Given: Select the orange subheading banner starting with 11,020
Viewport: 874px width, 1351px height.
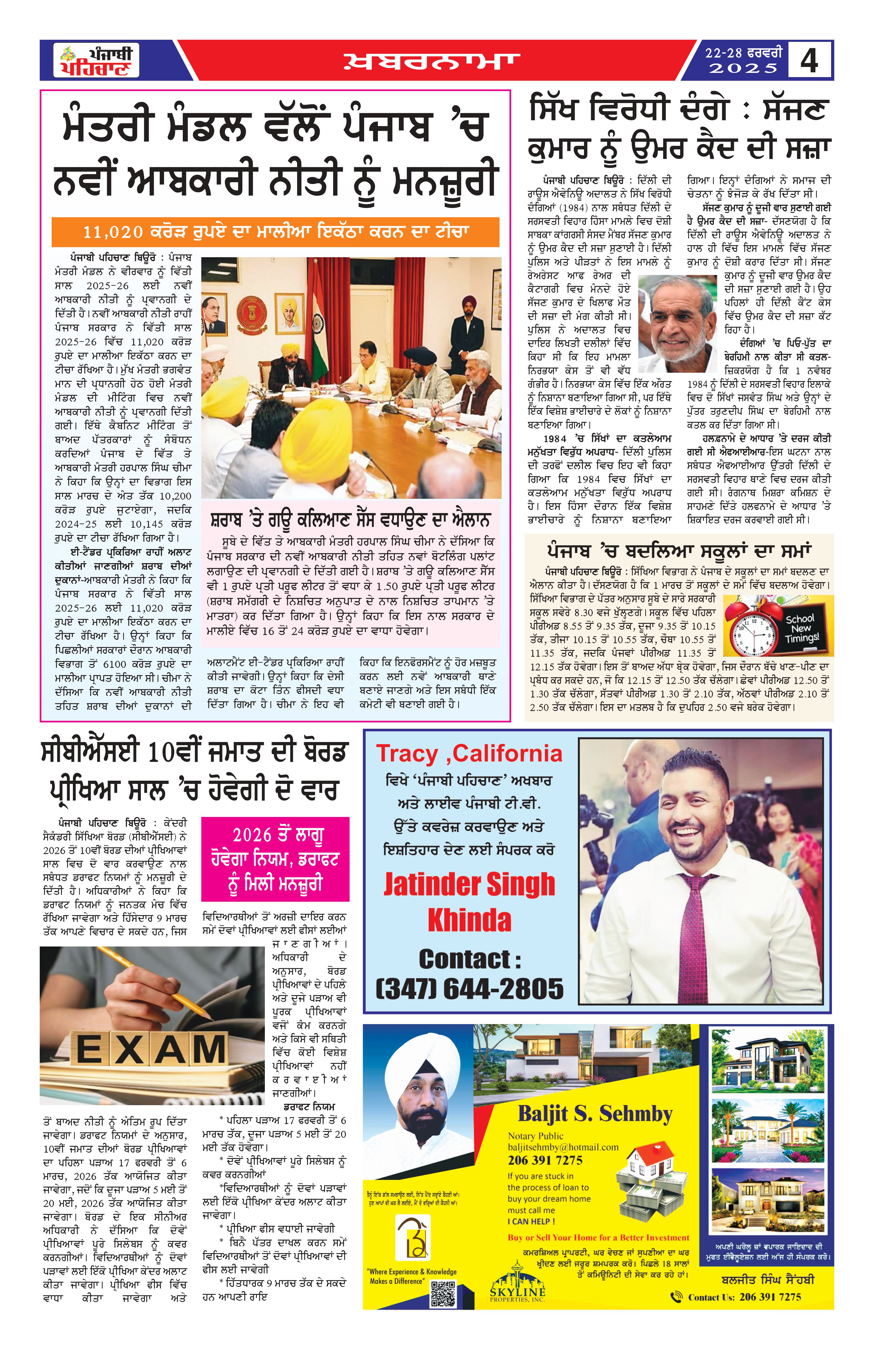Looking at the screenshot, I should coord(275,232).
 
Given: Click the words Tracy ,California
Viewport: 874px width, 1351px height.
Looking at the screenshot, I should coord(469,754).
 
